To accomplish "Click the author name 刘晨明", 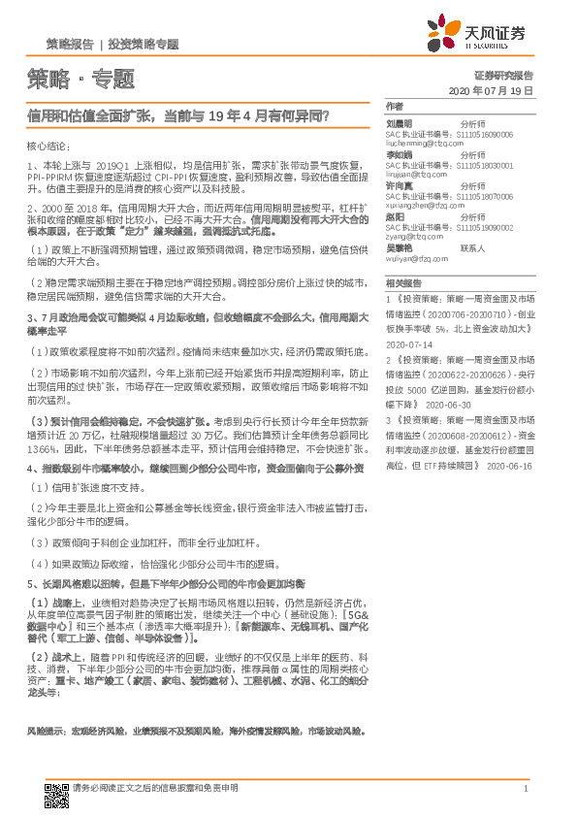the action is tap(400, 124).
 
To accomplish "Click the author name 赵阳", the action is tap(395, 216).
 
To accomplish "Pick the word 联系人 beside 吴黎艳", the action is tap(472, 248).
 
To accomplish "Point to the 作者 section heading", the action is tap(394, 105).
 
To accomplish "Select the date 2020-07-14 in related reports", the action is tap(407, 344).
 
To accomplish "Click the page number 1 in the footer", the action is tap(525, 789).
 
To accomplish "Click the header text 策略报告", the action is tap(70, 46).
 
